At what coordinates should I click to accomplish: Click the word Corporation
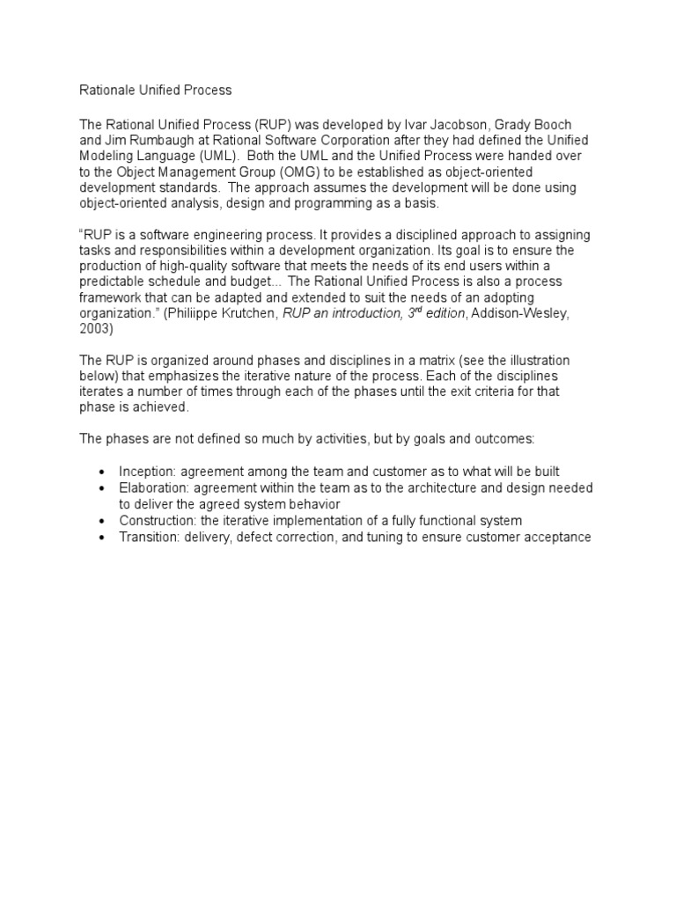click(331, 141)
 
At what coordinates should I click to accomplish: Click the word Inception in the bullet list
click(148, 472)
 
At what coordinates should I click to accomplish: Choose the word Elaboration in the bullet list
click(153, 487)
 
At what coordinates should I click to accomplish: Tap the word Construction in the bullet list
click(157, 520)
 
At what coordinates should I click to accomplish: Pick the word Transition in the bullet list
click(149, 537)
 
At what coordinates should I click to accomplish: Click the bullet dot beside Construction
click(103, 521)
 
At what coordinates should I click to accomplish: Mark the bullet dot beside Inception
click(103, 472)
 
